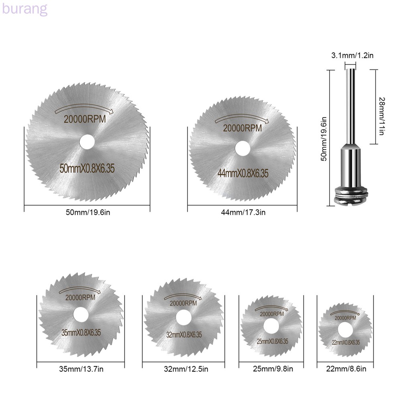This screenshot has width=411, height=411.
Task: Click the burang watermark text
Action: (x=24, y=10)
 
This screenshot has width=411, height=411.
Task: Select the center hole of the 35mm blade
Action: (x=81, y=315)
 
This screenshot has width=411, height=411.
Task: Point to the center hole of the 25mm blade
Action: (x=271, y=326)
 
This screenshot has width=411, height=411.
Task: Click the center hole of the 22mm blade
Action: (x=345, y=330)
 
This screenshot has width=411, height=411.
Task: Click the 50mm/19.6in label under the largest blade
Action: (x=88, y=212)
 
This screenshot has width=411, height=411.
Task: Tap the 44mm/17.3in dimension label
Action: (x=243, y=212)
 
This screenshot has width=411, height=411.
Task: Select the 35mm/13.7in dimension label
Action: (x=81, y=369)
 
